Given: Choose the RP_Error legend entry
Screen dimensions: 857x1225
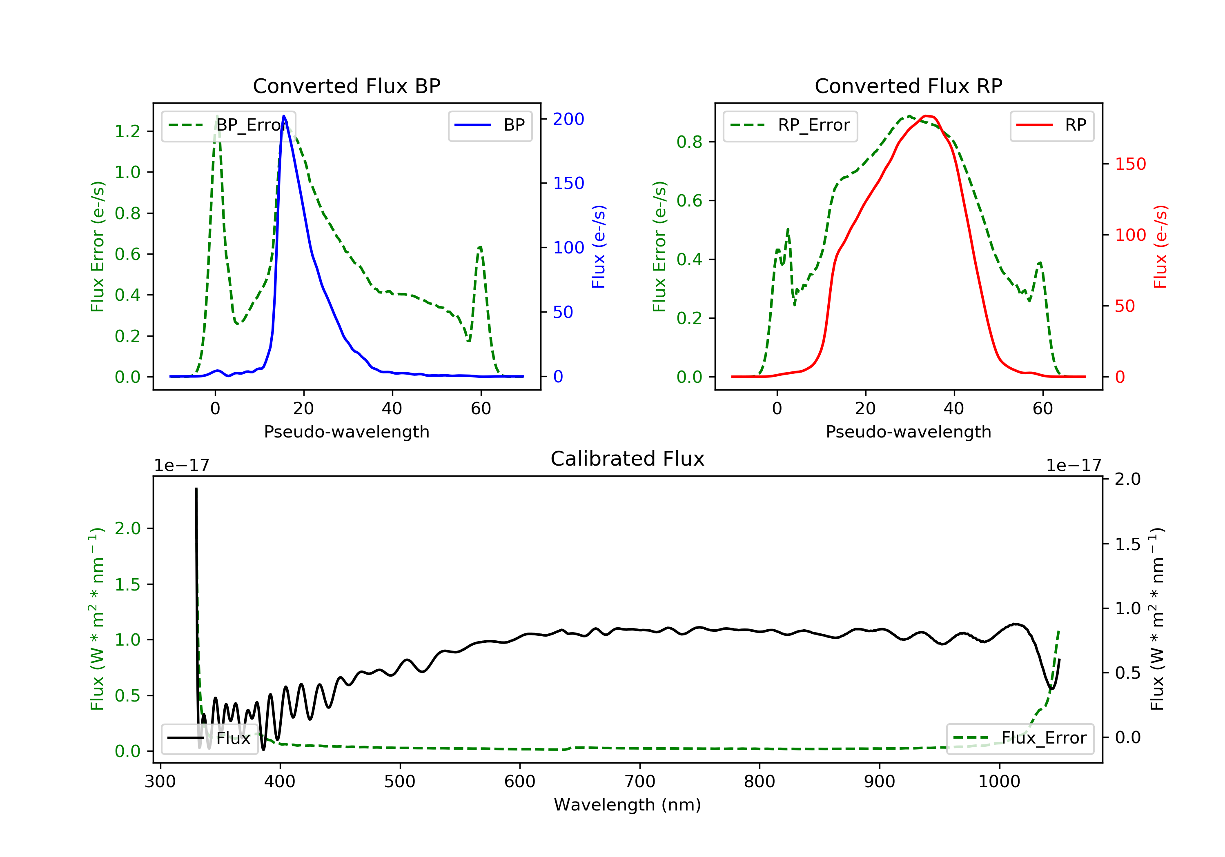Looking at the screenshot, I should (790, 125).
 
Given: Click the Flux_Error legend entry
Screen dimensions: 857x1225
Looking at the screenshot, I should (1020, 738).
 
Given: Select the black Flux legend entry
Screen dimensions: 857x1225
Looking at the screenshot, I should (209, 738).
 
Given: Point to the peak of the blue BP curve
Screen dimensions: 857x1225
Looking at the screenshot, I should (284, 116).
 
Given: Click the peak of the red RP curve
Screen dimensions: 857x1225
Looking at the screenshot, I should (927, 116).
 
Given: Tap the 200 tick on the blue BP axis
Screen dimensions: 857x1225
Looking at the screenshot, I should (568, 119).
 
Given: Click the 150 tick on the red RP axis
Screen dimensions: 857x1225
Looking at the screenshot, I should (1130, 164).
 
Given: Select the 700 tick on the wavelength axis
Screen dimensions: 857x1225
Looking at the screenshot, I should (640, 782).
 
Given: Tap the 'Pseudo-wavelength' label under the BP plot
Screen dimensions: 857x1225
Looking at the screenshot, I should (346, 431).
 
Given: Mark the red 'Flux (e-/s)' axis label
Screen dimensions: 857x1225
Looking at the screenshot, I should (1160, 246).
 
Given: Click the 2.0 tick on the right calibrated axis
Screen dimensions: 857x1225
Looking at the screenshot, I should (1127, 479).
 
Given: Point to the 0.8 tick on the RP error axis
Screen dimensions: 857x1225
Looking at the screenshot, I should (689, 142).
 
